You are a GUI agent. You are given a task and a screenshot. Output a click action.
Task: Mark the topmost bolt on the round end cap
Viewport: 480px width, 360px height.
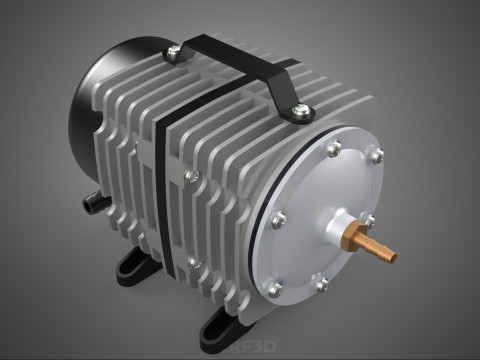coord(334,147)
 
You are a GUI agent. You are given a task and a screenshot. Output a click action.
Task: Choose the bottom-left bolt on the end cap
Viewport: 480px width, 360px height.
coord(277,288)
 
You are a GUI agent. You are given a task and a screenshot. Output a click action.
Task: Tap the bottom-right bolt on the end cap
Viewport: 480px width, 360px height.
coord(322,284)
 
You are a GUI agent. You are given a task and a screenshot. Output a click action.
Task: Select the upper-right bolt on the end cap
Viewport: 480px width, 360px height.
coord(377,154)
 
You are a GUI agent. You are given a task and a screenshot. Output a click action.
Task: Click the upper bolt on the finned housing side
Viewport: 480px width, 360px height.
coord(189,175)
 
